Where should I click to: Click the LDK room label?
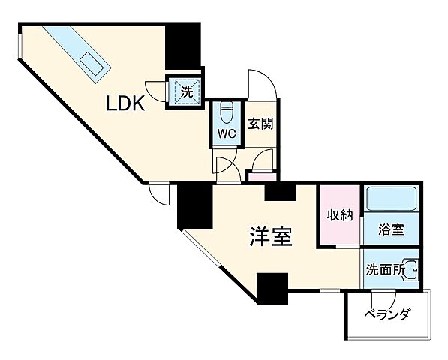124,104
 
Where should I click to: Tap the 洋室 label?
270,237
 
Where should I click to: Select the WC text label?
227,133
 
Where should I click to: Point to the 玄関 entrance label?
260,124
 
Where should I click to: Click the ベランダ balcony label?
388,315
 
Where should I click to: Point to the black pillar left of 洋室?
194,207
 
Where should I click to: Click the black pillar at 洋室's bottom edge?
272,289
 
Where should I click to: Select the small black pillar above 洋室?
281,192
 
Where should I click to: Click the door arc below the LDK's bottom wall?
160,193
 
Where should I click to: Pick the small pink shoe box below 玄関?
262,176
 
